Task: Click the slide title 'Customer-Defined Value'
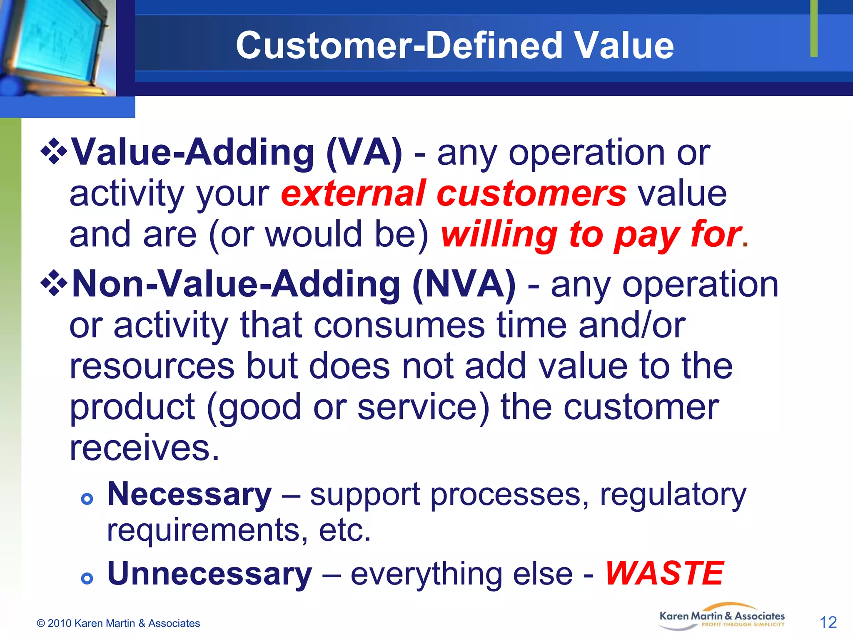[454, 45]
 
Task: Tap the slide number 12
[828, 622]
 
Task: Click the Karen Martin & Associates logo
[722, 618]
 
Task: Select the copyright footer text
[118, 623]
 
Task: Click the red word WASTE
[664, 573]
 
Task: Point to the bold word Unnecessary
[210, 573]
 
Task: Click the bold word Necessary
[190, 494]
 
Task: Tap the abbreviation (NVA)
[464, 284]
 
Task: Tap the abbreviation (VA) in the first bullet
[364, 153]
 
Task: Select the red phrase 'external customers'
[454, 193]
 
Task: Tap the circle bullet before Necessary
[87, 499]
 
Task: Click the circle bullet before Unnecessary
[87, 578]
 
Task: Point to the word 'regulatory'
[673, 495]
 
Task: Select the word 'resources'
[152, 366]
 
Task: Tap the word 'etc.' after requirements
[344, 530]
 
